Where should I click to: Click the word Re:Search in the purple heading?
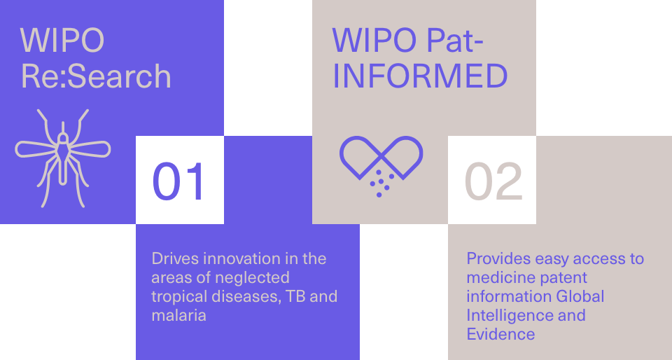point(96,76)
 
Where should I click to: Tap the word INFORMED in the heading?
point(420,76)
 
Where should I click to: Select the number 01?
point(178,181)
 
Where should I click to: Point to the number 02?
point(493,181)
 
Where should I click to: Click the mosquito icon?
point(63,158)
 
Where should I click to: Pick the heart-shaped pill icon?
point(381,166)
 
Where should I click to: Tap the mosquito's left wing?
point(36,148)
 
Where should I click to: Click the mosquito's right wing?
point(90,148)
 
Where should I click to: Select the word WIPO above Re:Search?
point(62,41)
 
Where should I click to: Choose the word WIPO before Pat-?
point(374,41)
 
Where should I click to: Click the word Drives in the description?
point(175,258)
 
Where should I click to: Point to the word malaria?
point(178,315)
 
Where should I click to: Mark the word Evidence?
point(500,334)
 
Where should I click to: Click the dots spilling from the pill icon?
point(381,184)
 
